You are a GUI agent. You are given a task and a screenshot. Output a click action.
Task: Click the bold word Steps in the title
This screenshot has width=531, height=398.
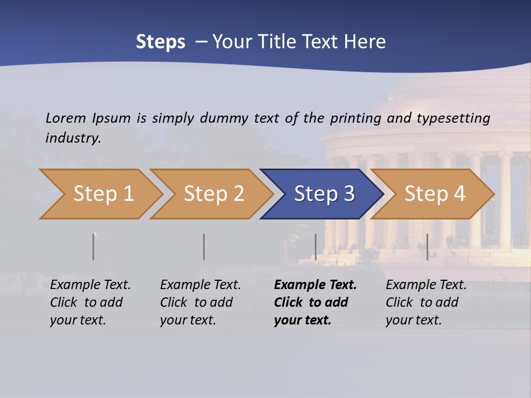[160, 42]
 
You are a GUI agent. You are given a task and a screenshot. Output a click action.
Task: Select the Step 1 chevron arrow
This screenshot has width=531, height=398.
[103, 194]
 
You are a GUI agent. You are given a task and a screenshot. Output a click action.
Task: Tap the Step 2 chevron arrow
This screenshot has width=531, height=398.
[214, 194]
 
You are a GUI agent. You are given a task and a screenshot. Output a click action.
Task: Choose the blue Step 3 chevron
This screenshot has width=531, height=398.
[324, 194]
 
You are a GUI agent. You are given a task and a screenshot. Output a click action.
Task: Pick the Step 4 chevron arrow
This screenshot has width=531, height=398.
[435, 194]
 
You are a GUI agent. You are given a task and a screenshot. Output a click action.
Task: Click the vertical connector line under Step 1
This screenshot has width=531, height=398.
[93, 247]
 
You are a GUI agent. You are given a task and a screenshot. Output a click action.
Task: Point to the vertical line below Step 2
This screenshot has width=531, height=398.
[204, 247]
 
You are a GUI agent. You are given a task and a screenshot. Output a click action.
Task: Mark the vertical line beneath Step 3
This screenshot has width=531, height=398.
[315, 247]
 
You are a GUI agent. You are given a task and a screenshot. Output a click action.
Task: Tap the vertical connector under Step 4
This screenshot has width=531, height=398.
[427, 247]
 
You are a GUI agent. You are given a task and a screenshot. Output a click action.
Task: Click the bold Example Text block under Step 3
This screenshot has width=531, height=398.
[315, 302]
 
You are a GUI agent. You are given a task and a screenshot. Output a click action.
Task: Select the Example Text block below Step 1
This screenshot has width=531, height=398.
[90, 302]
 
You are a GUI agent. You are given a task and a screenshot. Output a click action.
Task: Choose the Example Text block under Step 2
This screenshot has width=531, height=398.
[200, 302]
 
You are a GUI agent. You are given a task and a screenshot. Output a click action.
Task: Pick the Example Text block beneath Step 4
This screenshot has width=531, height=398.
[426, 302]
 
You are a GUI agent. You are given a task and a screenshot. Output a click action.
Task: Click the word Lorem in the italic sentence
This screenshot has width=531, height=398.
[66, 118]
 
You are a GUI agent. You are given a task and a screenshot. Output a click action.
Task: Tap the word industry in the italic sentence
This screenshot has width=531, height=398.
[73, 138]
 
